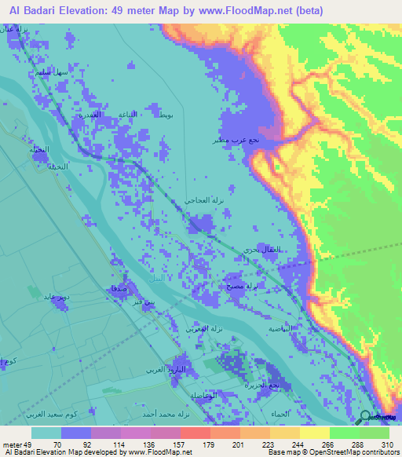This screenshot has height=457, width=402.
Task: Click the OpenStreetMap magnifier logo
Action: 370,417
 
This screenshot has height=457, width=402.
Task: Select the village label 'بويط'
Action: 163,115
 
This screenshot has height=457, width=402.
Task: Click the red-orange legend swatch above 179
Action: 195,433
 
